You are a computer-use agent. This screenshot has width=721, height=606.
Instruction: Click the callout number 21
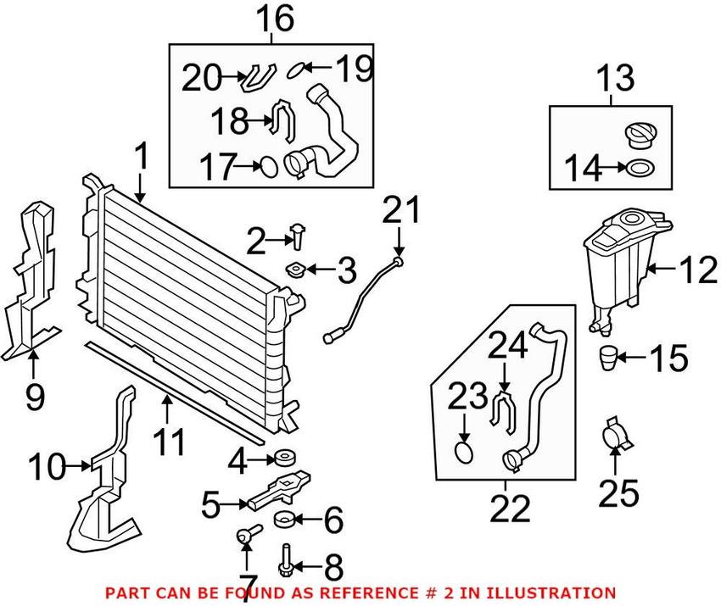click(x=400, y=208)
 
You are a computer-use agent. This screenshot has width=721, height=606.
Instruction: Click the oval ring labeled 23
click(x=465, y=450)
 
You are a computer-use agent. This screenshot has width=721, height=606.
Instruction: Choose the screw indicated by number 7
click(x=247, y=534)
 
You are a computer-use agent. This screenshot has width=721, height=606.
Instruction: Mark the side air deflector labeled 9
click(x=30, y=280)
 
